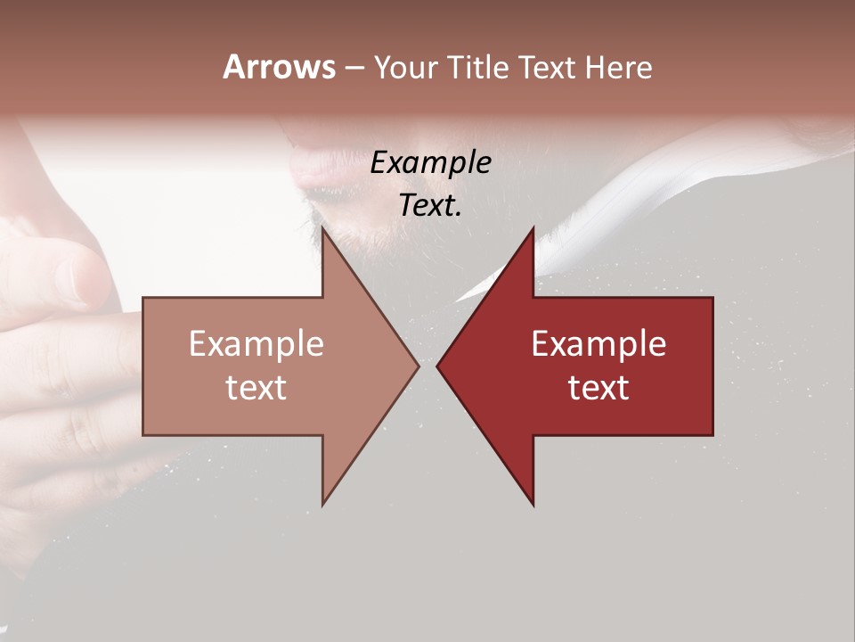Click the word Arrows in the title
coord(279,67)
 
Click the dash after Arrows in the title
coord(354,68)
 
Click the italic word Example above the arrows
coord(431,163)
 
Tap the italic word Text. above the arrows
coord(431,205)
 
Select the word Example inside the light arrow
coord(256,344)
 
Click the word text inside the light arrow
coord(256,387)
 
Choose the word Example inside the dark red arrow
coord(598,344)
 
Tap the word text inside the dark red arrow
coord(598,387)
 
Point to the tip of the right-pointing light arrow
coord(418,366)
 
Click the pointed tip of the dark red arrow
coord(437,366)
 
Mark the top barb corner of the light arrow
coord(322,229)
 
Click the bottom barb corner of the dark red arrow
coord(533,505)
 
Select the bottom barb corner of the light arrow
coord(322,505)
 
